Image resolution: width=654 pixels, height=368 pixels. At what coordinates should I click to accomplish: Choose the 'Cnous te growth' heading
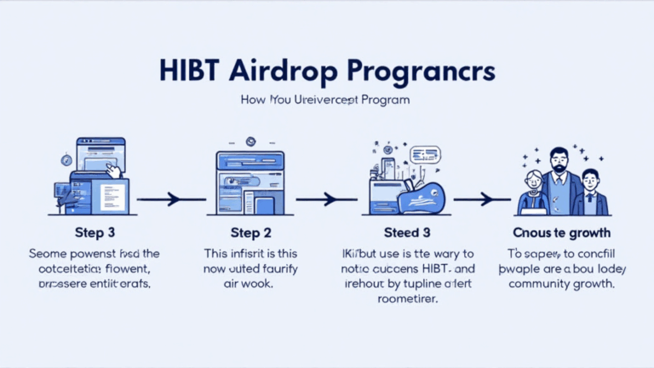pyautogui.click(x=563, y=233)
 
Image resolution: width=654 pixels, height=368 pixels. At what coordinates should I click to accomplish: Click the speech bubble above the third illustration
pyautogui.click(x=423, y=154)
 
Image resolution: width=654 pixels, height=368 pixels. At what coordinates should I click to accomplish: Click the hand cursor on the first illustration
pyautogui.click(x=111, y=170)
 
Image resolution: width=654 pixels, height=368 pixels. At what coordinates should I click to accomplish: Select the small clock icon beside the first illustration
pyautogui.click(x=66, y=159)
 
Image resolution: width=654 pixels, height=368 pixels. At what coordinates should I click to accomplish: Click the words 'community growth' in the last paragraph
pyautogui.click(x=563, y=285)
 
